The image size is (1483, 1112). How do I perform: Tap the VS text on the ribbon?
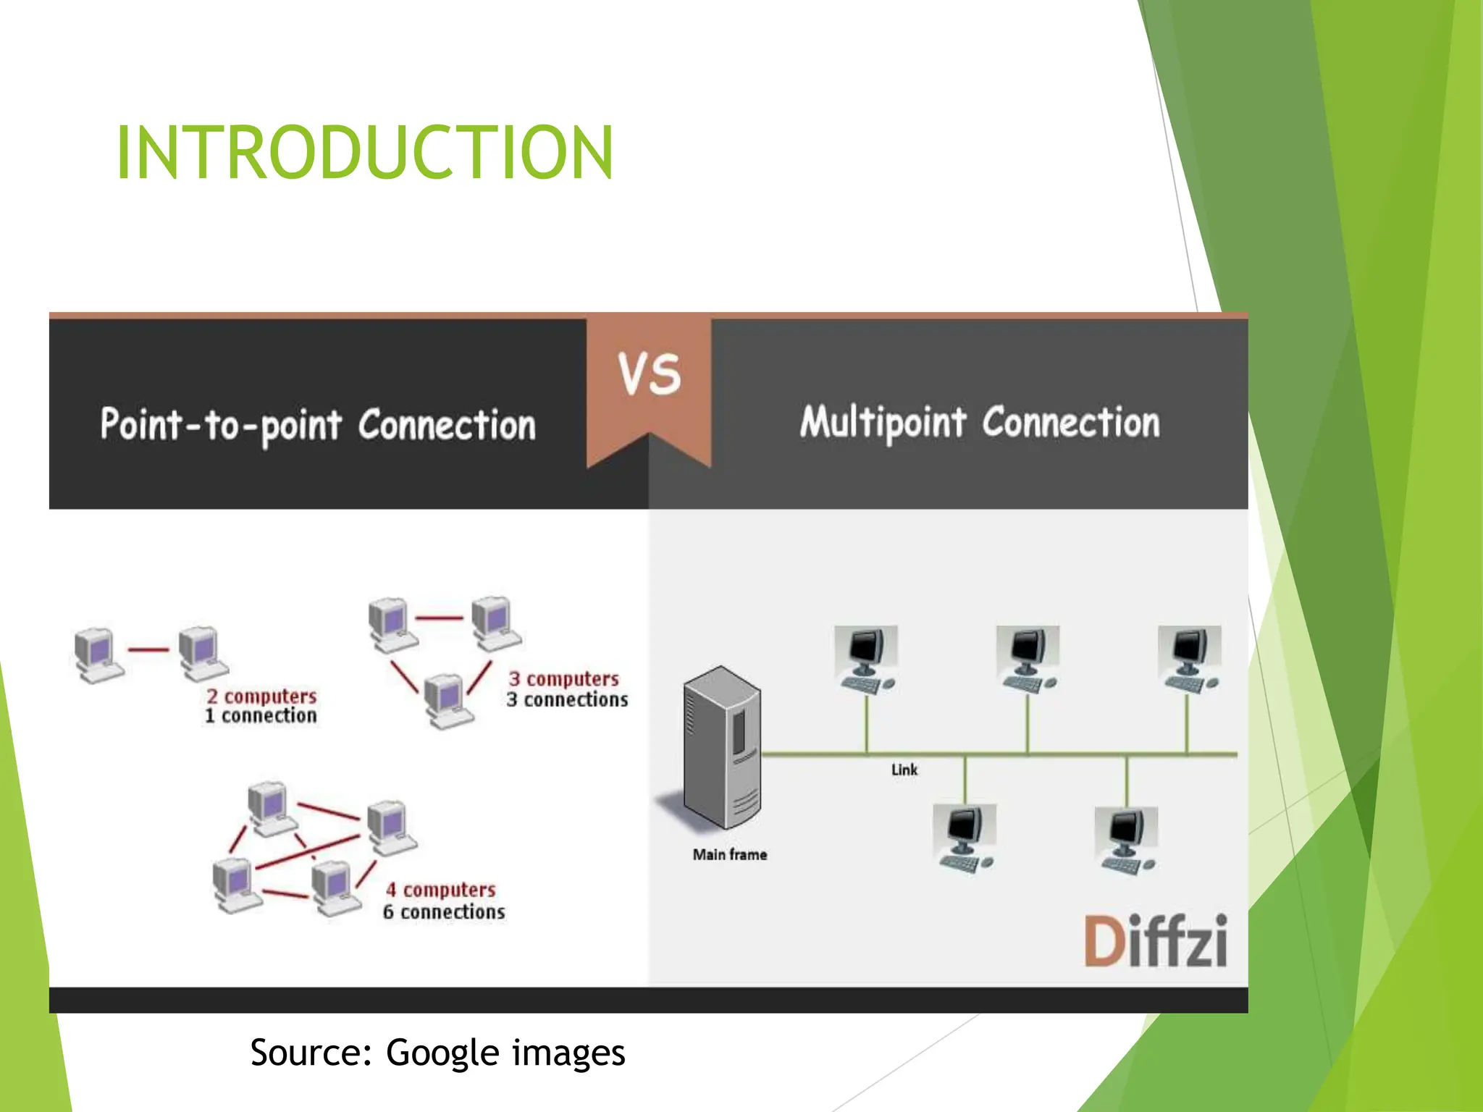pos(649,374)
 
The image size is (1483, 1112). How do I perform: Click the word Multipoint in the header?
pos(883,422)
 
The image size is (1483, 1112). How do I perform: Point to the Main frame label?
pos(729,855)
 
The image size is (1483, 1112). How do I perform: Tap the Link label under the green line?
pos(904,770)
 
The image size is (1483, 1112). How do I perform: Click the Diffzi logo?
pos(1155,941)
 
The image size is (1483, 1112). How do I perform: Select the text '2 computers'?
pos(261,696)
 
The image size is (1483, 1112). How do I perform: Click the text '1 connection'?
pos(261,716)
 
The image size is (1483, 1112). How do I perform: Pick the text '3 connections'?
pos(567,700)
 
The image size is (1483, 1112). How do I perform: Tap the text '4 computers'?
pos(440,890)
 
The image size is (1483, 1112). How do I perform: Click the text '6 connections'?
pos(444,912)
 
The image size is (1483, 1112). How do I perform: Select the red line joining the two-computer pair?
pos(148,649)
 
